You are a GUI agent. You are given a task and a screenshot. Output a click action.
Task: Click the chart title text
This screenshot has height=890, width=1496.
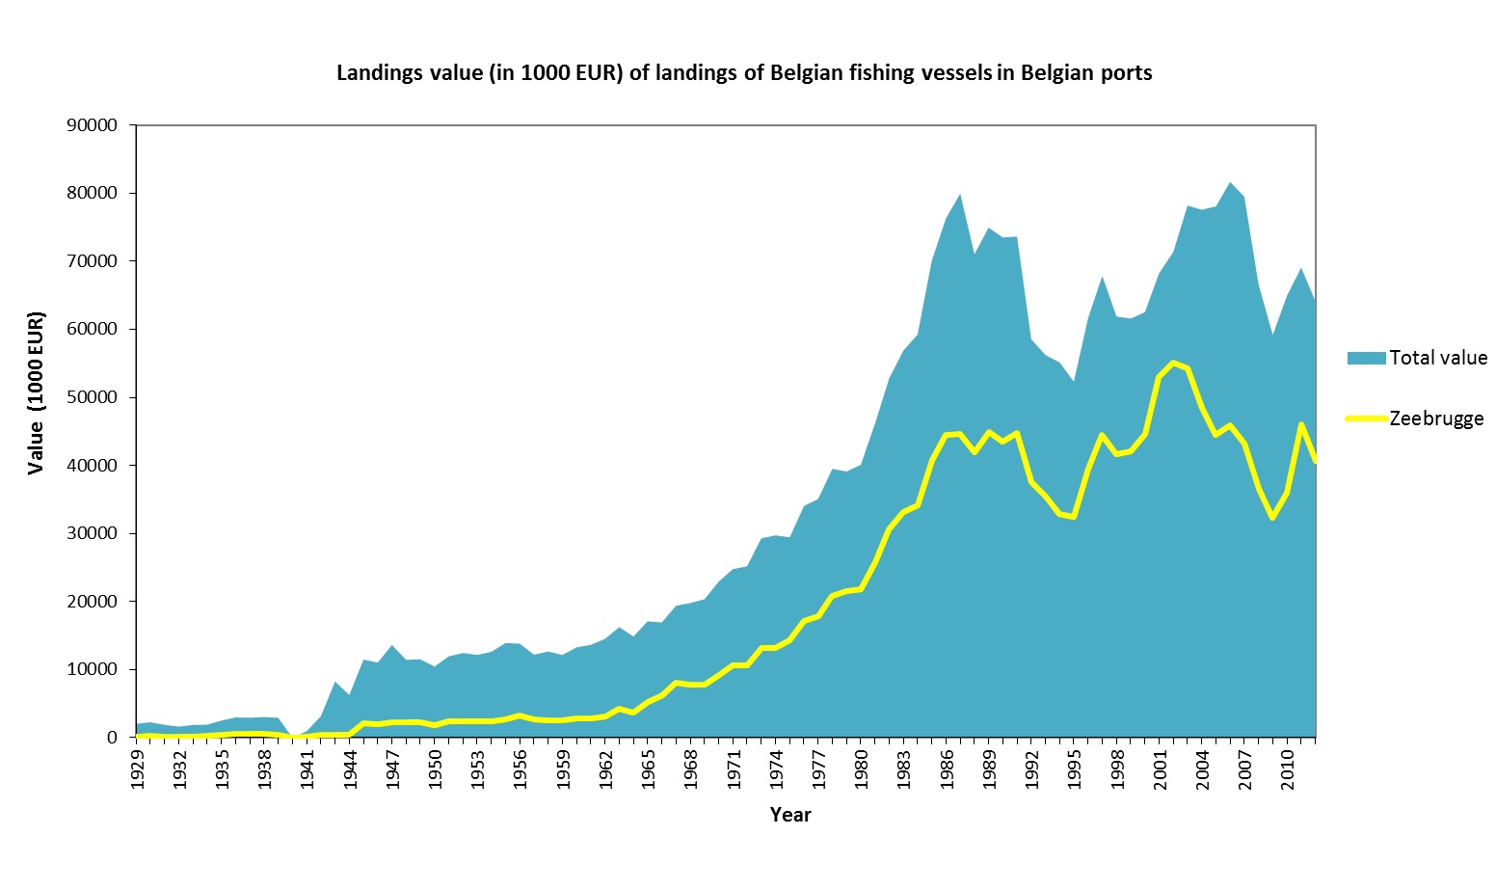coord(744,73)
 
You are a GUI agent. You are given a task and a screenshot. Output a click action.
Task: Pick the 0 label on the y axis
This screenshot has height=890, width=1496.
coord(113,738)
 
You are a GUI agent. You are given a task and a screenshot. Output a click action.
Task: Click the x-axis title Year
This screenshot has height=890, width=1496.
coord(790,815)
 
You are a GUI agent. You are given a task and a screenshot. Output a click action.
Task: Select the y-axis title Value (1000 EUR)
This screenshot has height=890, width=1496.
coord(37,392)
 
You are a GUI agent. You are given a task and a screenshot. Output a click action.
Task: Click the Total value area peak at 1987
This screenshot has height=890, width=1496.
coord(960,195)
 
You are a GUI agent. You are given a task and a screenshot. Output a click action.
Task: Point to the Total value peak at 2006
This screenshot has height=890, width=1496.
coord(1230,182)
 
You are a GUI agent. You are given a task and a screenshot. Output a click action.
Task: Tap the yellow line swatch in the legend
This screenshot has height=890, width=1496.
coord(1366,418)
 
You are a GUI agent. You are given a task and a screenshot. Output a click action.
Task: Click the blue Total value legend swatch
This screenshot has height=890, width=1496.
coord(1366,358)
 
